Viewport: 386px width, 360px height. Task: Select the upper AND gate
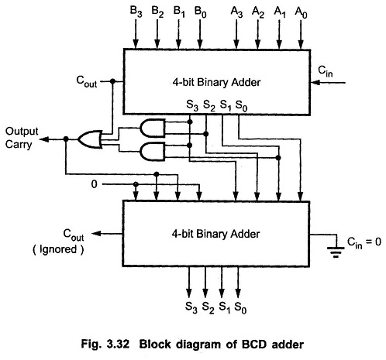pos(153,127)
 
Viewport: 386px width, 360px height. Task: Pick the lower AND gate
pos(153,152)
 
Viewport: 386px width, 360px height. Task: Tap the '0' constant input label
pos(94,184)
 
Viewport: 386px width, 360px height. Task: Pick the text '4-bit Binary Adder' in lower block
pos(216,231)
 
